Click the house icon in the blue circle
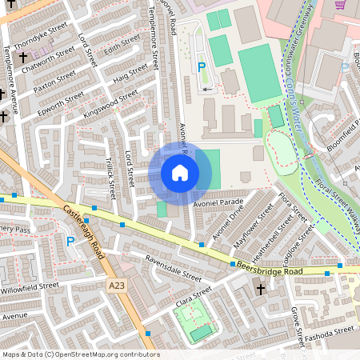click(x=180, y=172)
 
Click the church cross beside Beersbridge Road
click(x=260, y=290)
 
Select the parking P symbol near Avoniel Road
click(x=202, y=70)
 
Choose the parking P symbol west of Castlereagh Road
click(x=70, y=241)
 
